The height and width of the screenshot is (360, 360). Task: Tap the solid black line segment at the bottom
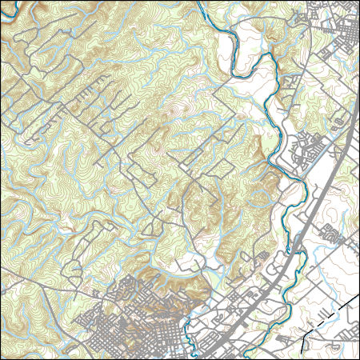tap(303, 342)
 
